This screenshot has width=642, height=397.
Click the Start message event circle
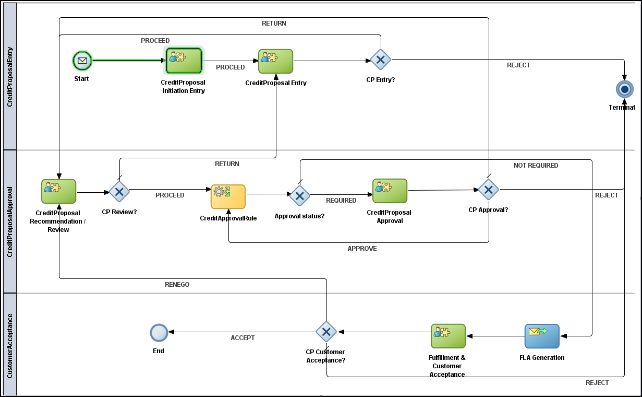(82, 61)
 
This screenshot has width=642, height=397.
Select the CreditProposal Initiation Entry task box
(184, 61)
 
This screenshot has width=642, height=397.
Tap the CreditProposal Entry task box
(275, 62)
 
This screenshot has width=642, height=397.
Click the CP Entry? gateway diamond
(381, 60)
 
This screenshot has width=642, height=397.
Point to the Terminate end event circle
(624, 89)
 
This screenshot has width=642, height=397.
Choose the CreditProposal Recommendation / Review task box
(59, 191)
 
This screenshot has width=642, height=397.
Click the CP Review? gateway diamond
(119, 192)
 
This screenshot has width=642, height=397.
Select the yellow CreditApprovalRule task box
(228, 196)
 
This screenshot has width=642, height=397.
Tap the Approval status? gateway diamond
(299, 195)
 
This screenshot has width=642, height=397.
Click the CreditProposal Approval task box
(390, 191)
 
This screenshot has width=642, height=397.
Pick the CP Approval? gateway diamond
(489, 190)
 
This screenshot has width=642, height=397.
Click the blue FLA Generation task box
(542, 336)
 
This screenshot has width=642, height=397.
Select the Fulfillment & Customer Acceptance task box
(448, 336)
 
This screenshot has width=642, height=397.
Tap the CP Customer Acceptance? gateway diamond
(326, 332)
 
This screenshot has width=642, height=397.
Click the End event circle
(159, 332)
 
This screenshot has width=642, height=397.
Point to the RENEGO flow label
(177, 285)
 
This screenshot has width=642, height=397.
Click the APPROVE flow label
(362, 249)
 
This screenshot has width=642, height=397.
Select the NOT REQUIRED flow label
(536, 166)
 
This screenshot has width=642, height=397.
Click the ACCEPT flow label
(243, 338)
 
